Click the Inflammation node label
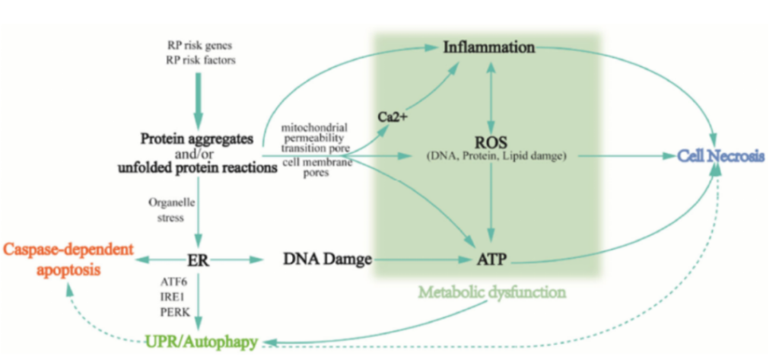tap(489, 48)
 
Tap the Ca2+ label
tap(392, 118)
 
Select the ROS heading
tap(491, 143)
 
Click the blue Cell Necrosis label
tap(721, 156)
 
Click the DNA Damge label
tap(328, 259)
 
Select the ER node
tap(199, 260)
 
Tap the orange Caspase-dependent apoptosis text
tap(68, 259)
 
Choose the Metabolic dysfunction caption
tap(492, 292)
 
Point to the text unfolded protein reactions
tap(198, 167)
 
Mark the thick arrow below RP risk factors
tap(199, 100)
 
